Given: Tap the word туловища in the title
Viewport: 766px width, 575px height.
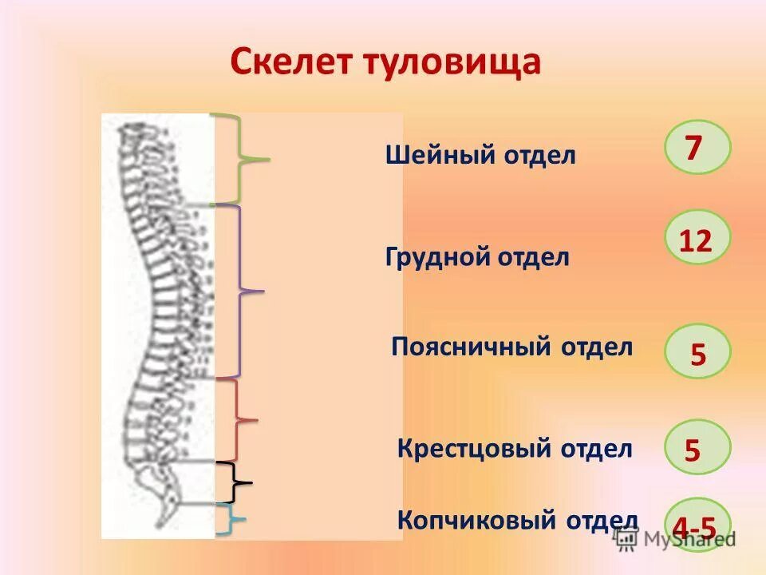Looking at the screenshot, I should click(453, 62).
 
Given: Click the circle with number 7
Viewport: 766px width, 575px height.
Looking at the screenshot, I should click(697, 148).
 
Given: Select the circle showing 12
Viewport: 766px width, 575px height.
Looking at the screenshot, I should click(697, 238).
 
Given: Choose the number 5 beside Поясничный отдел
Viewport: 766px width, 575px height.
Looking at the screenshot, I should click(697, 351).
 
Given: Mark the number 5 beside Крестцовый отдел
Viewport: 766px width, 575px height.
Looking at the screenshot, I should click(694, 449).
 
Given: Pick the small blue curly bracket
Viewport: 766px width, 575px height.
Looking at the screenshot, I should click(231, 520).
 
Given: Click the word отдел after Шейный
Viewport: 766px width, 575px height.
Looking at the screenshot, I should click(539, 155).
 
